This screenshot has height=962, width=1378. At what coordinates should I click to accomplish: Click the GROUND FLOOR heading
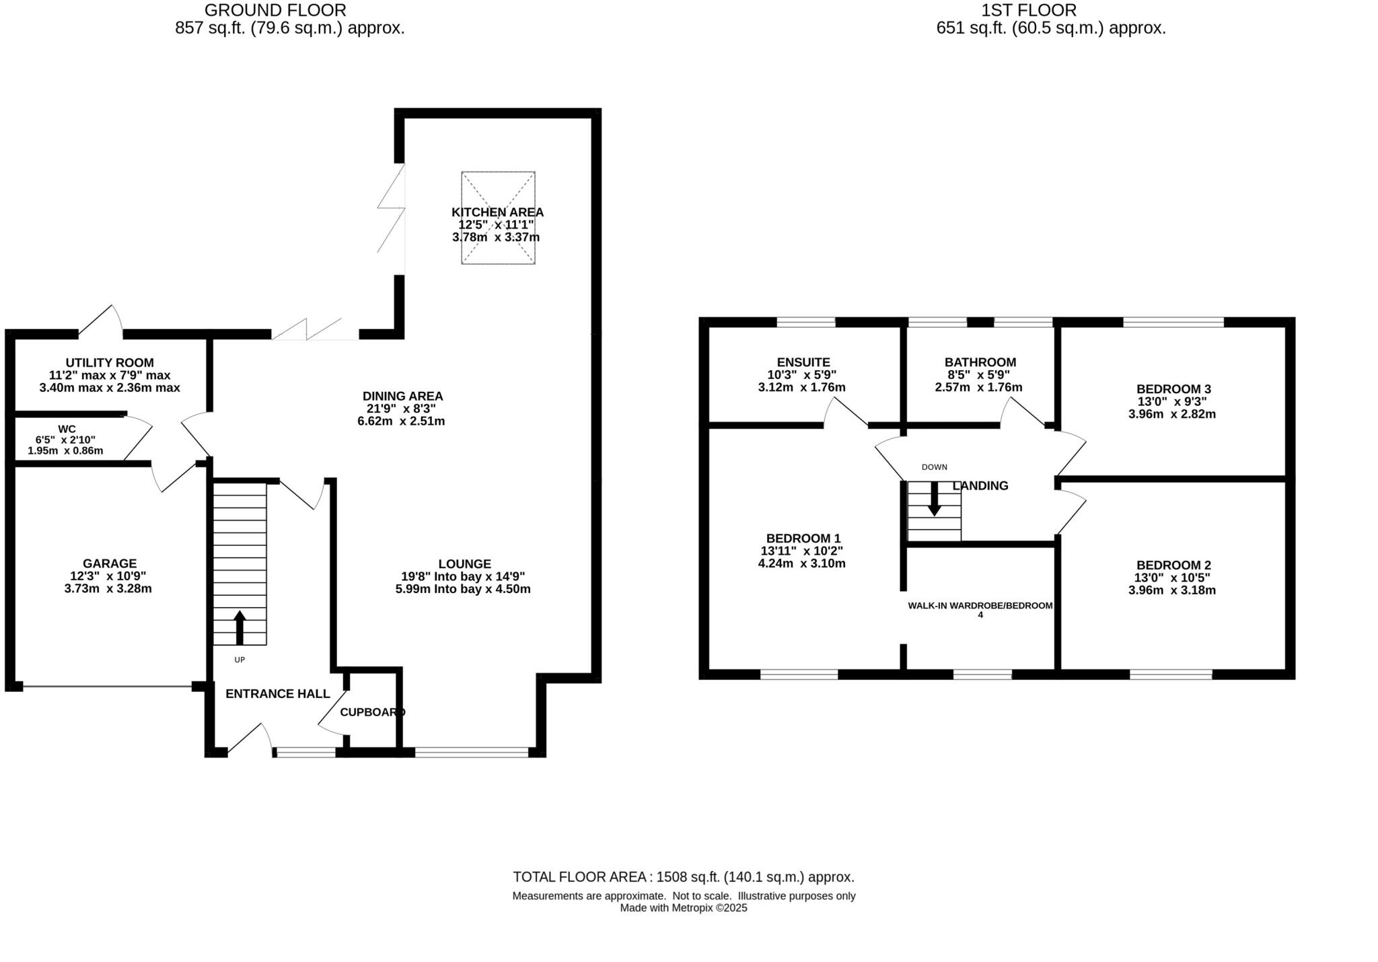pyautogui.click(x=275, y=10)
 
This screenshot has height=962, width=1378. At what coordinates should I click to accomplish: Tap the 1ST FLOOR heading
pyautogui.click(x=1028, y=10)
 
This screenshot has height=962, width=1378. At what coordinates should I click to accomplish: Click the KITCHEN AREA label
pyautogui.click(x=497, y=212)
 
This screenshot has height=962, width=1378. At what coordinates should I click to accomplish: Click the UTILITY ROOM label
pyautogui.click(x=110, y=363)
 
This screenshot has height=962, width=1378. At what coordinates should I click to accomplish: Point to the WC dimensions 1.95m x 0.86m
pyautogui.click(x=65, y=450)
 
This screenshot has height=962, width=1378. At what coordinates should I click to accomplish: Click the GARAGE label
pyautogui.click(x=110, y=563)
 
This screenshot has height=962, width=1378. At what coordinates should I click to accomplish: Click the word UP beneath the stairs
pyautogui.click(x=240, y=660)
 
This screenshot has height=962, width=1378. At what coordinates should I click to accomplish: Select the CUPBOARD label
pyautogui.click(x=372, y=712)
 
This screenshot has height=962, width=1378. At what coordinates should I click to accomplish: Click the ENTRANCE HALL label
pyautogui.click(x=277, y=693)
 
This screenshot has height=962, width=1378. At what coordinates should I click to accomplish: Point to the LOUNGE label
pyautogui.click(x=464, y=564)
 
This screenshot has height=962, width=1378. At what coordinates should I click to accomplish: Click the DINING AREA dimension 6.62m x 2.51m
pyautogui.click(x=401, y=421)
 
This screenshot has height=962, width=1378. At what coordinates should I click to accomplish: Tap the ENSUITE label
pyautogui.click(x=803, y=362)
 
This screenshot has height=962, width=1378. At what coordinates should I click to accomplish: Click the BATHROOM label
pyautogui.click(x=980, y=362)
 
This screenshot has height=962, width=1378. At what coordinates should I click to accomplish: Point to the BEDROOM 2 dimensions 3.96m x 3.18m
pyautogui.click(x=1171, y=590)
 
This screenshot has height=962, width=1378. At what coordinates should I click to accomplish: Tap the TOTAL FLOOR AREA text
pyautogui.click(x=683, y=877)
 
